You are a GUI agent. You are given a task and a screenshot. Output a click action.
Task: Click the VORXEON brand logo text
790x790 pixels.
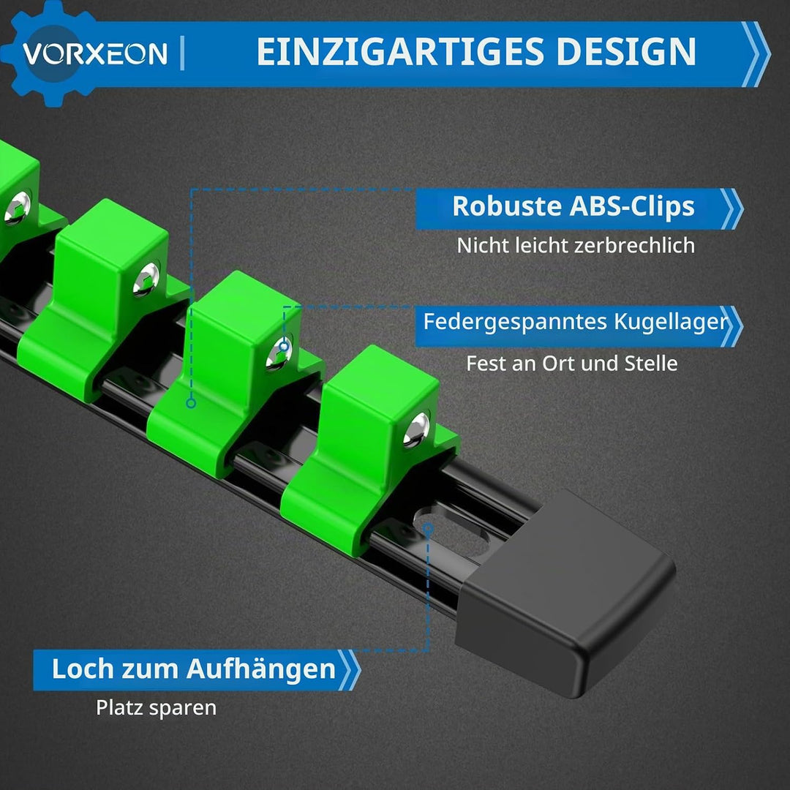pos(94,53)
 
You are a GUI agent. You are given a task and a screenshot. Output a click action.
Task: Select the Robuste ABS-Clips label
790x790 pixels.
pos(573,206)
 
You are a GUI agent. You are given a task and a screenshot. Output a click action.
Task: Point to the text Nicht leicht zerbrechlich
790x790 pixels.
pos(576,245)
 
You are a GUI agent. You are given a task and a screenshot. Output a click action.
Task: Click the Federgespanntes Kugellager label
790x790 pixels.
pos(576,321)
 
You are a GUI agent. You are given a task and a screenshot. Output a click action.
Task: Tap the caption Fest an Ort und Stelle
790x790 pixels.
pos(572,364)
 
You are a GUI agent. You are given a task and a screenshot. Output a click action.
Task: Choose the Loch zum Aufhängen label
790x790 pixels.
pos(193,669)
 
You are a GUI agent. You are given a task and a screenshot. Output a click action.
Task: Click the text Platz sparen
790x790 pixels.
pos(157,708)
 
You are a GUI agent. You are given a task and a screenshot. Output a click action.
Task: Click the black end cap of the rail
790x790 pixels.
pos(565,593)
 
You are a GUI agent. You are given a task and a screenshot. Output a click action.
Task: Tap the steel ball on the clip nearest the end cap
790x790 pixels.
pos(417,429)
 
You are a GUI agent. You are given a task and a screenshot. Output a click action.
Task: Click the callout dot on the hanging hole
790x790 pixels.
pos(428,527)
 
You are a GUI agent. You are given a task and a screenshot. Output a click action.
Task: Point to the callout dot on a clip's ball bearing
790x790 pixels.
pos(284,347)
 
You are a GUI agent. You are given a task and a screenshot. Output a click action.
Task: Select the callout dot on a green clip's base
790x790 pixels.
pos(191,403)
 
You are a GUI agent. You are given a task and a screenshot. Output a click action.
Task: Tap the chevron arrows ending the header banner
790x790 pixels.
pos(756,54)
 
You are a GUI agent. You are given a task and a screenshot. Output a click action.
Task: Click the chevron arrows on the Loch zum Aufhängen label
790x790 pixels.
pos(349,670)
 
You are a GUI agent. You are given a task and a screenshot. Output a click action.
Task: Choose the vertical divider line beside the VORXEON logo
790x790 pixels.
pos(182,53)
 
